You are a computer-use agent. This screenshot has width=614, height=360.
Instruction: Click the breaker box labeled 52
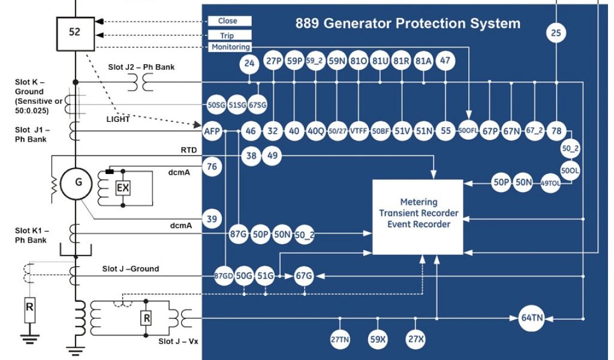[74, 32]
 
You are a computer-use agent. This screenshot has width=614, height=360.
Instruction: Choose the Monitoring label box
[230, 47]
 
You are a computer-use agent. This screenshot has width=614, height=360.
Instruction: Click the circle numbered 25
[556, 34]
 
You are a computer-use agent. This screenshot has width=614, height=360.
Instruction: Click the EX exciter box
[123, 188]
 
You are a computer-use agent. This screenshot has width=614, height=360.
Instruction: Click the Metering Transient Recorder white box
[420, 215]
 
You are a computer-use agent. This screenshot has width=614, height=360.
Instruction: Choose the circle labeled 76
[211, 167]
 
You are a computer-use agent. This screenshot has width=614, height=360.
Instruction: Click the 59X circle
[378, 339]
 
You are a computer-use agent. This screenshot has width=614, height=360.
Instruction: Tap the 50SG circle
[216, 103]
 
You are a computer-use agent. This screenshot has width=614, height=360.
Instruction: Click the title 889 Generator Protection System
[408, 25]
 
